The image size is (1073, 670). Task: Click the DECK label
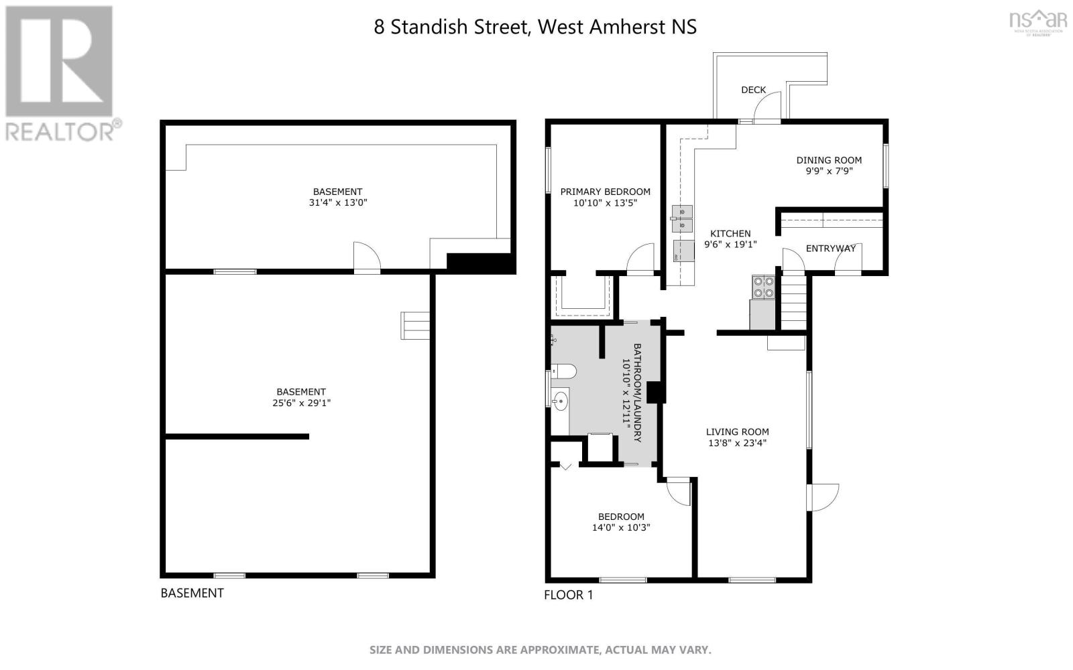[x=753, y=90]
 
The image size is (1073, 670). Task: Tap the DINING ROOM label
[x=829, y=160]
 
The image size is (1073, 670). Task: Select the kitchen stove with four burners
[x=763, y=287]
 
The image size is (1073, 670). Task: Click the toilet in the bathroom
[x=563, y=371]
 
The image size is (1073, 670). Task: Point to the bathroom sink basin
[x=561, y=401]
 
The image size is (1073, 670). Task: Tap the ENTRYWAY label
[x=830, y=249]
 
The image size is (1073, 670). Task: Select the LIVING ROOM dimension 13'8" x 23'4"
[x=737, y=443]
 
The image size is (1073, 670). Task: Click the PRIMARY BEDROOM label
[x=605, y=192]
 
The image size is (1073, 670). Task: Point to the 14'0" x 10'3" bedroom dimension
[x=621, y=527]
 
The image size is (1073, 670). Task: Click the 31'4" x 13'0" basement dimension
[x=337, y=202]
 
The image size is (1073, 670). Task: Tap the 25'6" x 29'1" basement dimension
[x=301, y=403]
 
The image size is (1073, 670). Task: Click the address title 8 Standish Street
[x=535, y=27]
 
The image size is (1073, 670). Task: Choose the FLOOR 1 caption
[x=568, y=595]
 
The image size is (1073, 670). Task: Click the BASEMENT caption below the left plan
[x=192, y=593]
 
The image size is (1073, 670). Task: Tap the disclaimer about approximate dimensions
[x=540, y=650]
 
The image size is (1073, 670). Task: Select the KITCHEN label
[x=730, y=234]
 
